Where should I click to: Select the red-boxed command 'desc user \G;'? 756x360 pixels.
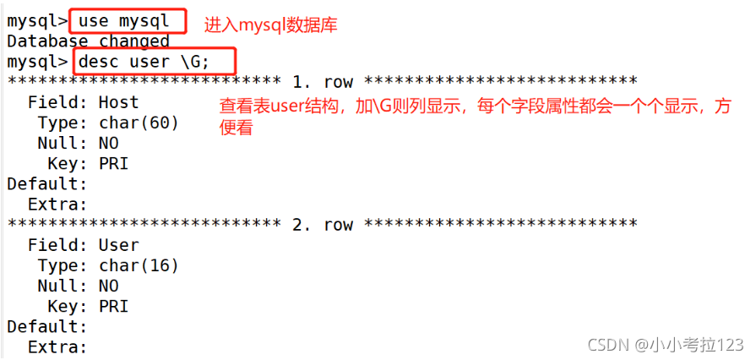pyautogui.click(x=155, y=62)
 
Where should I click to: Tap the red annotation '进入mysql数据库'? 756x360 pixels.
pyautogui.click(x=270, y=25)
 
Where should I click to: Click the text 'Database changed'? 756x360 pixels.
pyautogui.click(x=88, y=41)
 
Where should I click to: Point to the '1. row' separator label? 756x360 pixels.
pyautogui.click(x=322, y=82)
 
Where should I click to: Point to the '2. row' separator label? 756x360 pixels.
pyautogui.click(x=322, y=225)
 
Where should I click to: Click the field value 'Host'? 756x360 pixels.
pyautogui.click(x=118, y=102)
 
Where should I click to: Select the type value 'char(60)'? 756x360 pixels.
pyautogui.click(x=139, y=123)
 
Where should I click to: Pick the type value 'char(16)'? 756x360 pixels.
pyautogui.click(x=139, y=265)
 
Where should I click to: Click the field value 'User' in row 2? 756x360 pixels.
pyautogui.click(x=118, y=245)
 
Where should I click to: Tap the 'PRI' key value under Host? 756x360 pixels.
pyautogui.click(x=113, y=163)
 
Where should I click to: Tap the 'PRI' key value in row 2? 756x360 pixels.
pyautogui.click(x=113, y=306)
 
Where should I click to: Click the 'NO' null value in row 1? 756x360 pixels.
pyautogui.click(x=108, y=143)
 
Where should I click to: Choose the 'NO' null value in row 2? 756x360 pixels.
pyautogui.click(x=108, y=286)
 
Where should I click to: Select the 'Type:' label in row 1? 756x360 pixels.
pyautogui.click(x=63, y=123)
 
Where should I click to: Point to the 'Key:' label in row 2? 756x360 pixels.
pyautogui.click(x=68, y=306)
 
